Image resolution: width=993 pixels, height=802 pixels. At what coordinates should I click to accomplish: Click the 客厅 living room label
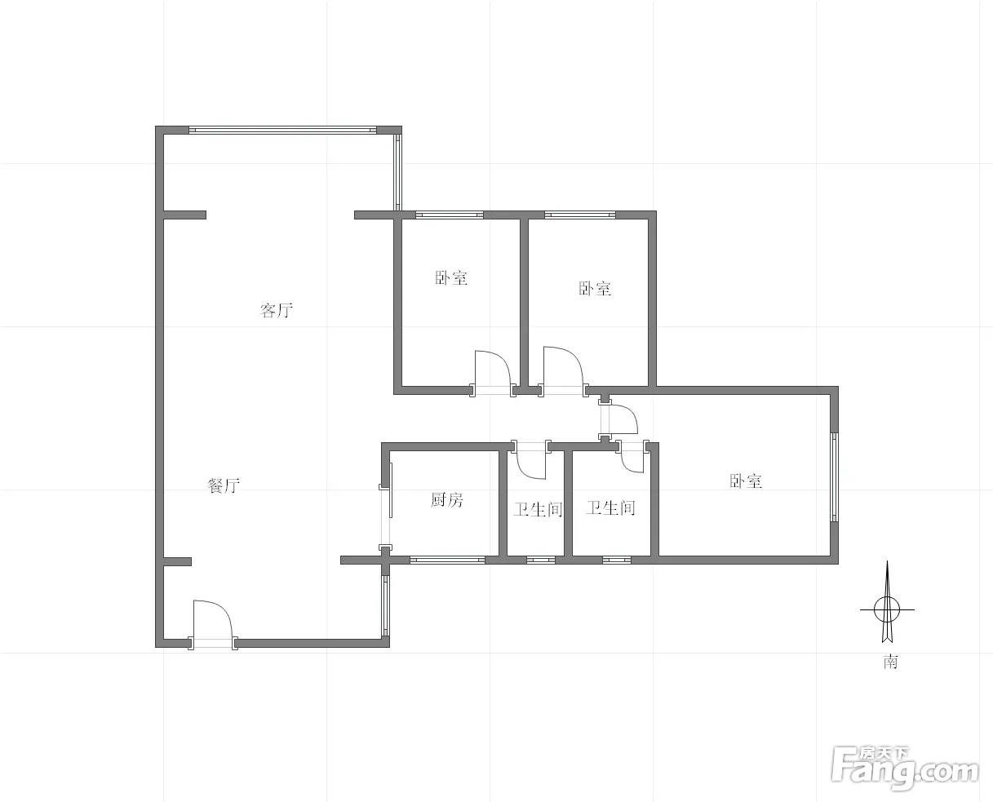point(277,310)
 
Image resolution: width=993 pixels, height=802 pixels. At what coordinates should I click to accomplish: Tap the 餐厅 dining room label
point(224,485)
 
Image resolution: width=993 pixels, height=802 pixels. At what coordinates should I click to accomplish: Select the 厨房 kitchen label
point(446,499)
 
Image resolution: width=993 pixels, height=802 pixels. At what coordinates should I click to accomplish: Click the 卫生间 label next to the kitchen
point(538,509)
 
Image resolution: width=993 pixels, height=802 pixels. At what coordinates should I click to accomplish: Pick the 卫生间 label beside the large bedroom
point(610,507)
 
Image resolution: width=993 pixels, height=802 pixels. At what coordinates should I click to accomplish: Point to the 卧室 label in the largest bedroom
point(746,481)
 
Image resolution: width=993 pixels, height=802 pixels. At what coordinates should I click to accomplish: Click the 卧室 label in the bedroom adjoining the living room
point(451,278)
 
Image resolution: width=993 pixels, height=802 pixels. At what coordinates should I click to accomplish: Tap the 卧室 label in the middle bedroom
point(595,289)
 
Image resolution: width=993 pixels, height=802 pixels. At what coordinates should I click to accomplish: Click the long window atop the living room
point(282,130)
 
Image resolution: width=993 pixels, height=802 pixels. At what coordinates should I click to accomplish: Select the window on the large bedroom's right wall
point(834,476)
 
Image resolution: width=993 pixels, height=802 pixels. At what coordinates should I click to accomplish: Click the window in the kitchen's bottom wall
point(448,561)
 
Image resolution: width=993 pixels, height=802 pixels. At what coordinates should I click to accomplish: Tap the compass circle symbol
point(887,609)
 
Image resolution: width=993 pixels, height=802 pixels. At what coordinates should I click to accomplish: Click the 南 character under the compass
point(890,662)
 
